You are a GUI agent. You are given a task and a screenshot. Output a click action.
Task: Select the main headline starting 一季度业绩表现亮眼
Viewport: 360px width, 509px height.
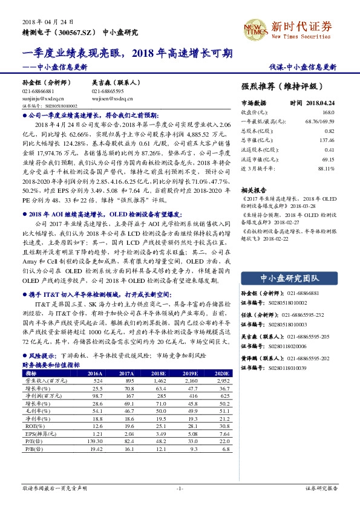tap(127, 53)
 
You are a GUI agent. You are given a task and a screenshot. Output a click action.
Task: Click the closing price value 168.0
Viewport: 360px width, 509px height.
tap(328, 112)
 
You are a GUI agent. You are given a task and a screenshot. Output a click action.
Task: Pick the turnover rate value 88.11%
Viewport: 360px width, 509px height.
tap(326, 168)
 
